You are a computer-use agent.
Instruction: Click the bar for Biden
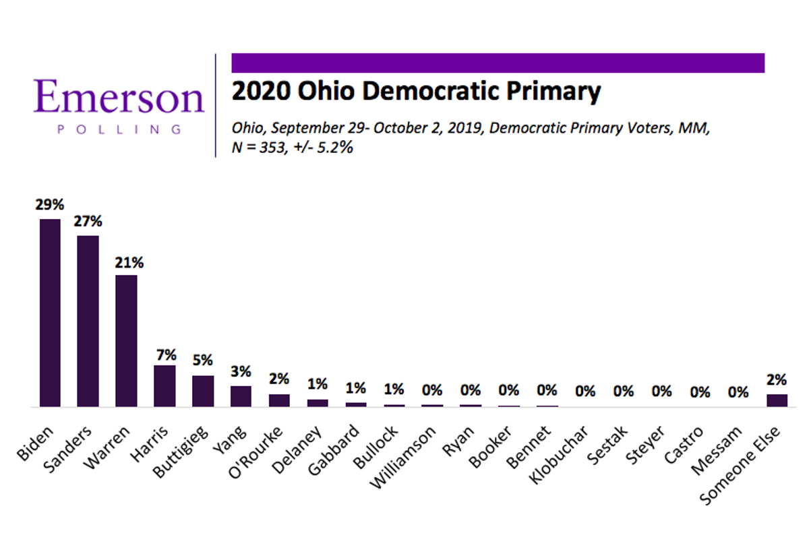50,313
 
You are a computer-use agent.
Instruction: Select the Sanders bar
88,321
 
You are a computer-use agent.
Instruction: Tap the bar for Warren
126,341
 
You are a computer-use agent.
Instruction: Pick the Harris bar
164,386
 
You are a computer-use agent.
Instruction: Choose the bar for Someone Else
777,400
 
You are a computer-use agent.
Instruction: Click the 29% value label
50,205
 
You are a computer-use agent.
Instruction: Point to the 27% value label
88,221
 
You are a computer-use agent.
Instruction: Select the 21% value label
127,261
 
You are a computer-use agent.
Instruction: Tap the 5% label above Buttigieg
203,361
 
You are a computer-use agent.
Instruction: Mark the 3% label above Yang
241,371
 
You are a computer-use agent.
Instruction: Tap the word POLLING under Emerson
119,129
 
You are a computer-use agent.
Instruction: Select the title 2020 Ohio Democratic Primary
416,91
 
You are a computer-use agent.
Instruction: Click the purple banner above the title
498,63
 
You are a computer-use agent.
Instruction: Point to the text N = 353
260,148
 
